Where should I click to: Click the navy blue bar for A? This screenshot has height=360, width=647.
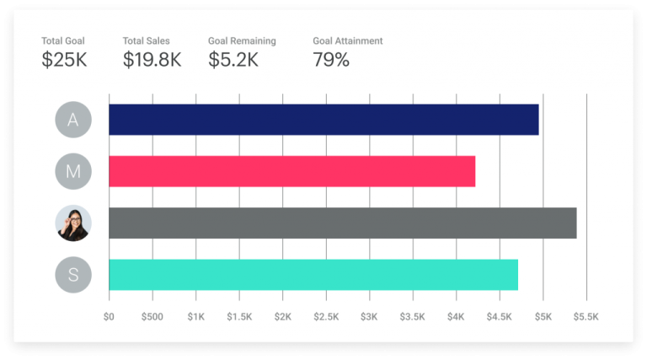tap(323, 120)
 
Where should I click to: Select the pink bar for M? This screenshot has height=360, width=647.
tap(291, 171)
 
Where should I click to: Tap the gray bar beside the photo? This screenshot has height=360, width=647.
tap(342, 223)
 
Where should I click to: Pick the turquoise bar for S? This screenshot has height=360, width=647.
tap(313, 275)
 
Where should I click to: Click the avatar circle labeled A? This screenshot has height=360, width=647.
tap(73, 120)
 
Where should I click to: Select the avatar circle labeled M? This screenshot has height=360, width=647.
tap(73, 172)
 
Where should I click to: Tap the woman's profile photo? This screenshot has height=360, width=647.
tap(73, 223)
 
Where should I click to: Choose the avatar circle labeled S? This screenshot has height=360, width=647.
tap(73, 275)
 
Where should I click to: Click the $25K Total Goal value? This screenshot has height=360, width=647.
tap(64, 60)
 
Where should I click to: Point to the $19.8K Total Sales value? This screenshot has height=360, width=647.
tap(152, 60)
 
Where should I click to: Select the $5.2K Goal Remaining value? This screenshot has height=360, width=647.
tap(235, 60)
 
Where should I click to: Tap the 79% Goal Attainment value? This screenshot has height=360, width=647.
tap(331, 60)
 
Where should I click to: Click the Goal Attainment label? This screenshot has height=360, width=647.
tap(347, 40)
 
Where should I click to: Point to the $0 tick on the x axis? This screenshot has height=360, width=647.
tap(109, 317)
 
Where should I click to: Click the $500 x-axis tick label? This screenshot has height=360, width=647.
tap(152, 317)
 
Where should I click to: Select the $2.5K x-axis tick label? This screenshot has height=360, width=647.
tap(325, 317)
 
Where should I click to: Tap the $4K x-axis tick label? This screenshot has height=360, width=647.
tap(456, 317)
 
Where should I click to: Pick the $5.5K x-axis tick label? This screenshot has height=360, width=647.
tap(586, 317)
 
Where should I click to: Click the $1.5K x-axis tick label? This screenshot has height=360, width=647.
tap(238, 317)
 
